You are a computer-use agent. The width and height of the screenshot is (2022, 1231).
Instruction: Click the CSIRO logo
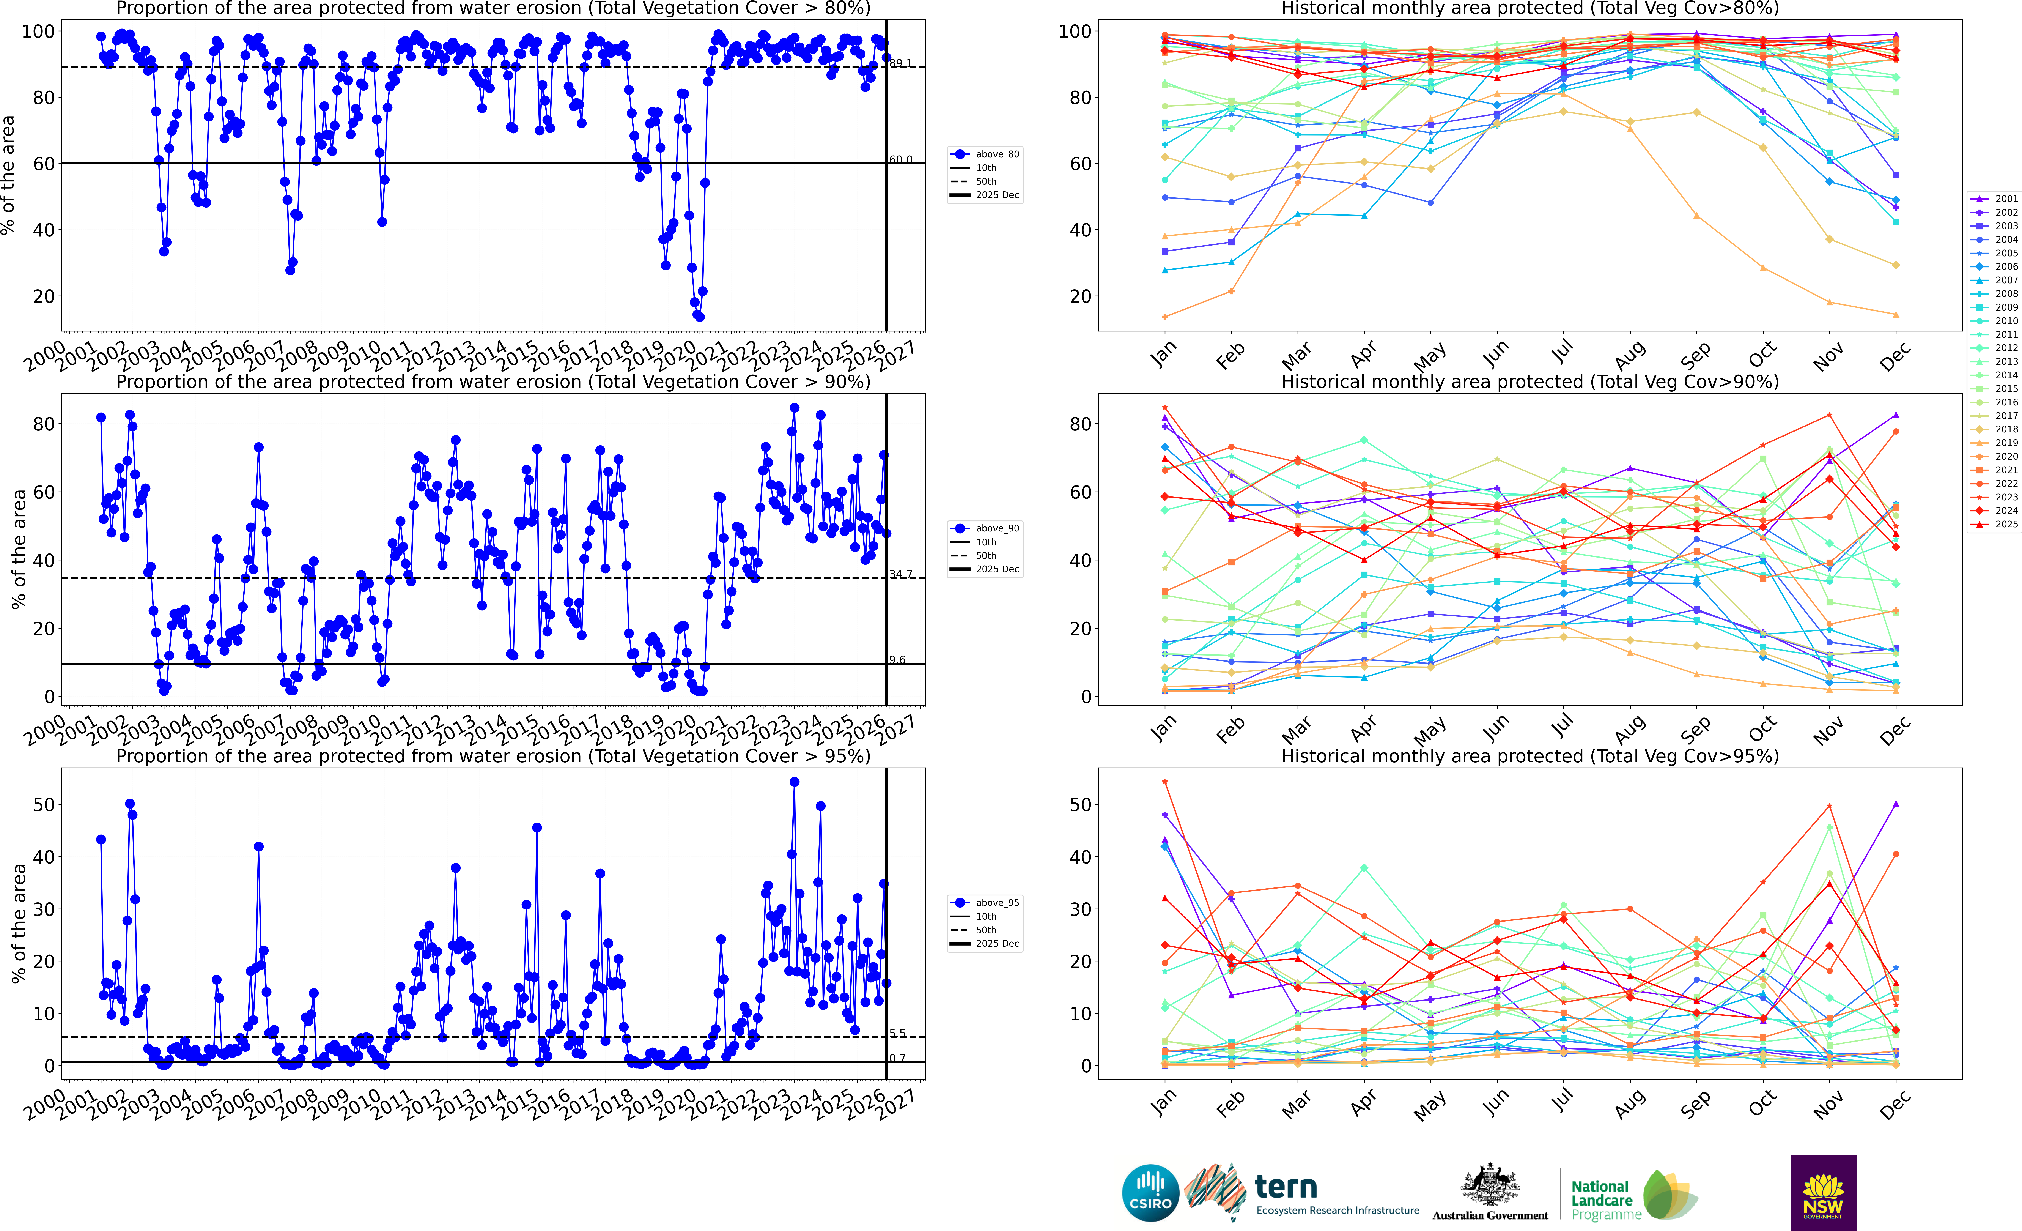1150,1192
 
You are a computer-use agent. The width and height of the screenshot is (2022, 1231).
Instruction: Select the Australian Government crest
1489,1186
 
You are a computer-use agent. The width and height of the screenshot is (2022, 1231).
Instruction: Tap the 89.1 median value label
900,63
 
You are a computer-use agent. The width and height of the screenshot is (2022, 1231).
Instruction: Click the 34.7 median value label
900,574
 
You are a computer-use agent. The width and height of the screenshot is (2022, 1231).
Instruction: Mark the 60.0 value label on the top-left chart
900,160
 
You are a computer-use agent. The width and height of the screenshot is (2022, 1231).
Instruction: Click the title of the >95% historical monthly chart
1530,756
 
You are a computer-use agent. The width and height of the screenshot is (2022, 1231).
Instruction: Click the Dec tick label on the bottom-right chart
1895,1105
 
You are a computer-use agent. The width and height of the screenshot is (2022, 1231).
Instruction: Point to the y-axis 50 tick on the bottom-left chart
44,805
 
